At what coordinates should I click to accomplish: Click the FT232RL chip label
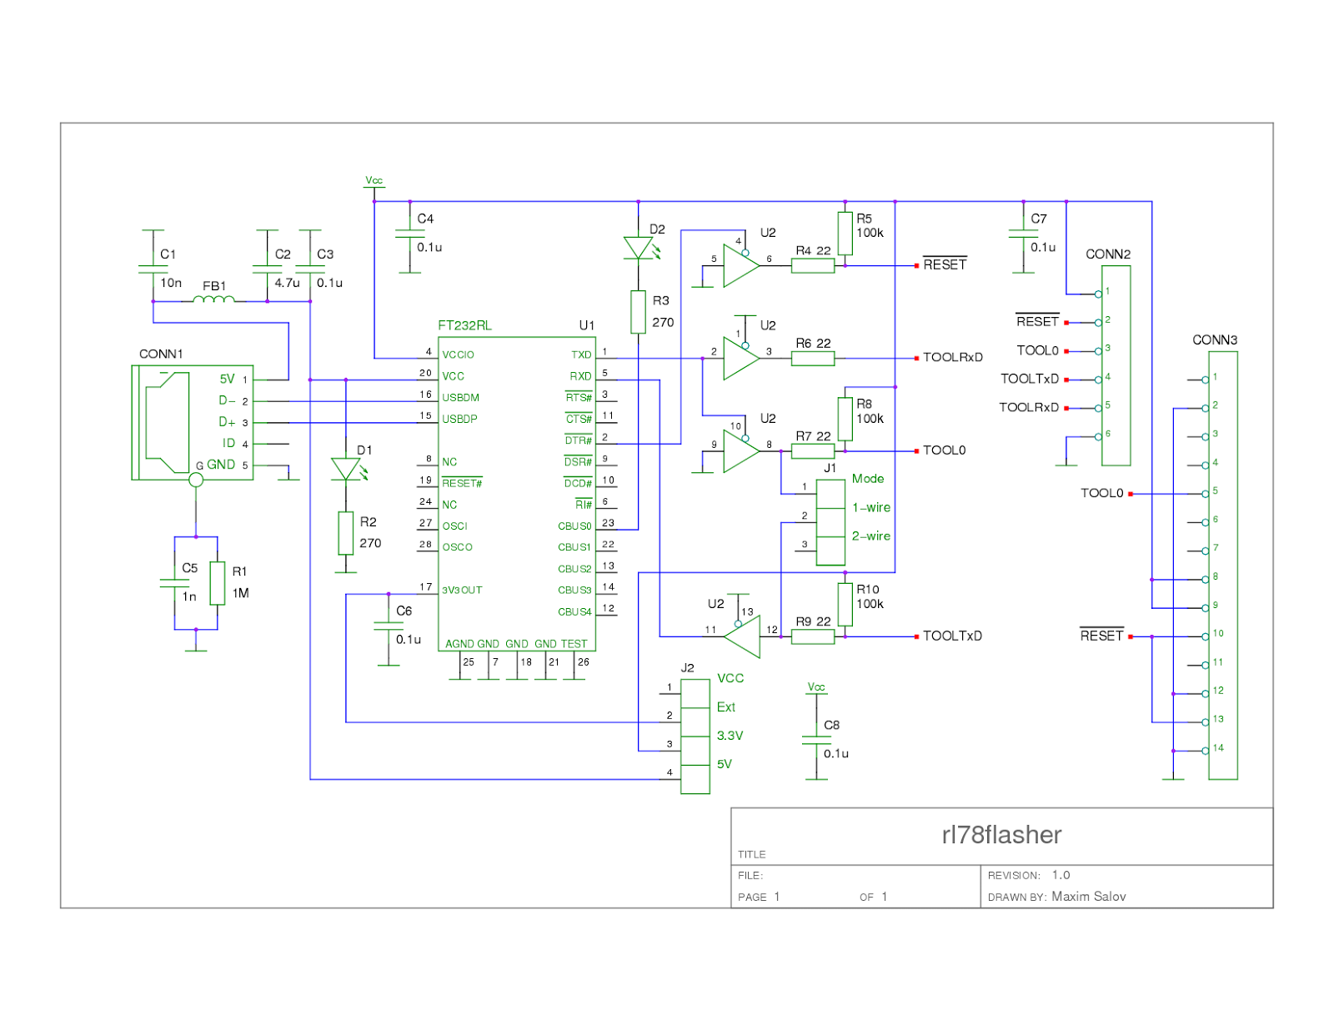click(x=464, y=325)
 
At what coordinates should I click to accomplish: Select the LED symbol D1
click(x=345, y=469)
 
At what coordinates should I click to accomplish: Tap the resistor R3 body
click(x=638, y=312)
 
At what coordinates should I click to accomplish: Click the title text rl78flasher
click(x=1001, y=835)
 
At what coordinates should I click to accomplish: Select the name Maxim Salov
click(x=1088, y=897)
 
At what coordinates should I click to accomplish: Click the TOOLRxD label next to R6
click(x=952, y=357)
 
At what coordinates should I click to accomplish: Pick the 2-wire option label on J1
click(x=870, y=536)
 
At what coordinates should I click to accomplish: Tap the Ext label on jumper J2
click(x=725, y=707)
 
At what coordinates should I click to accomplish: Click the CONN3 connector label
click(x=1214, y=339)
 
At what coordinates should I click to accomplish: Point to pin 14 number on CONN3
click(x=1218, y=748)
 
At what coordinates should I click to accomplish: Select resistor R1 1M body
click(x=218, y=583)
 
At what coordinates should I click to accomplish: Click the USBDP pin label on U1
click(x=459, y=419)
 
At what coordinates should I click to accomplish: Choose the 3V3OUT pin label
click(x=462, y=590)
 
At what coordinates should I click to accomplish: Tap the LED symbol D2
click(x=638, y=248)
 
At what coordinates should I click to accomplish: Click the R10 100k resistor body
click(x=845, y=604)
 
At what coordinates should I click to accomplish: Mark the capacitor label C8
click(x=831, y=725)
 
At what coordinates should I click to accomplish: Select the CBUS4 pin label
click(x=574, y=611)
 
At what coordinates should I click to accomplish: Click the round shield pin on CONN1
click(x=196, y=480)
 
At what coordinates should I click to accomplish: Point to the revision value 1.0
click(x=1061, y=875)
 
